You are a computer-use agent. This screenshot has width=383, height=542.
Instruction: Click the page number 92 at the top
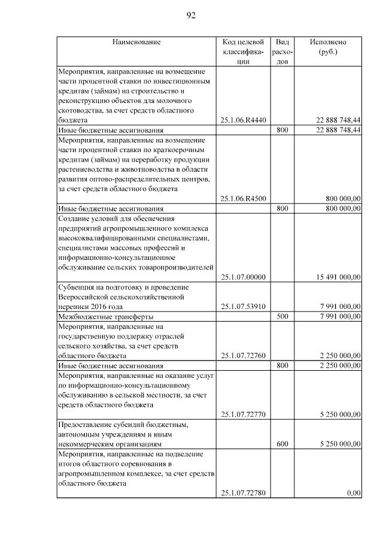[x=191, y=16]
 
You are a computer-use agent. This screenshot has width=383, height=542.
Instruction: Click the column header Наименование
[x=136, y=43]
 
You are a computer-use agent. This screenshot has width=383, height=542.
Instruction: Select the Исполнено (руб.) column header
[x=328, y=47]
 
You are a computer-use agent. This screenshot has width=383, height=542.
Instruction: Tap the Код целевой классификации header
[x=243, y=52]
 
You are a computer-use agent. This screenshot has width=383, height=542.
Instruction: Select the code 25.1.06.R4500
[x=243, y=199]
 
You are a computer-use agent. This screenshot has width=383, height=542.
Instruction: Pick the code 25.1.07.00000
[x=243, y=277]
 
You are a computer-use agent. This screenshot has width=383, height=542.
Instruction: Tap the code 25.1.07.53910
[x=243, y=307]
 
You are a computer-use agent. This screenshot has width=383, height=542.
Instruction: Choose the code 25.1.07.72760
[x=243, y=355]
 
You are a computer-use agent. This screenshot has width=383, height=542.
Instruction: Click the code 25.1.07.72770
[x=243, y=414]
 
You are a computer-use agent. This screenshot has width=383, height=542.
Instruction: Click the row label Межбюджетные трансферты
[x=105, y=316]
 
